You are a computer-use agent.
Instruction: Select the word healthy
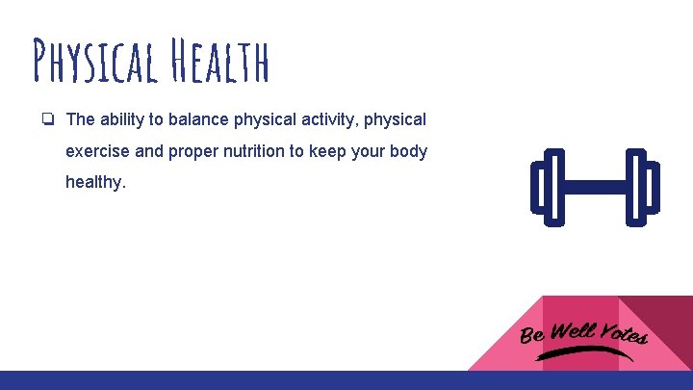click(95, 182)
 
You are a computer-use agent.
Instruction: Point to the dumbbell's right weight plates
click(642, 186)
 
